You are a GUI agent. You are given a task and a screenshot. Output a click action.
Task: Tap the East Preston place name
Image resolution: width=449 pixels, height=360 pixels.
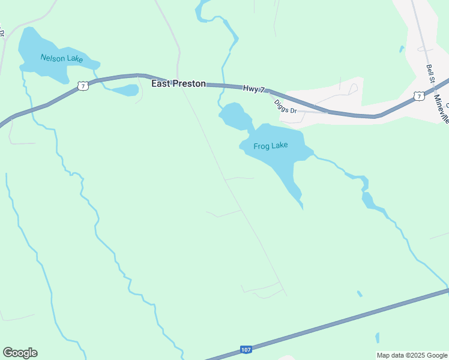(178, 84)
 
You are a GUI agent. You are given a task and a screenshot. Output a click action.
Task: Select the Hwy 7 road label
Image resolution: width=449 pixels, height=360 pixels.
(254, 89)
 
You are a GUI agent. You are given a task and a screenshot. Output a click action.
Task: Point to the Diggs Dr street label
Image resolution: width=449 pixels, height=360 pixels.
(285, 106)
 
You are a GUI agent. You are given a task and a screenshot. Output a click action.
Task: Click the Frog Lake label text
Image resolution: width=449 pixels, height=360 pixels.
(271, 145)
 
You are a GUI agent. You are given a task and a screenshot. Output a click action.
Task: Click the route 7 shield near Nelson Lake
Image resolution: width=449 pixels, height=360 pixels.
(83, 86)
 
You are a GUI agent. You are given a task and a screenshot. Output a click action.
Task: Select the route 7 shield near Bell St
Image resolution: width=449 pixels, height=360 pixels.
(418, 96)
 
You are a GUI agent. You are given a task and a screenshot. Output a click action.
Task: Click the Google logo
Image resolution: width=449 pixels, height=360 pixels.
(20, 353)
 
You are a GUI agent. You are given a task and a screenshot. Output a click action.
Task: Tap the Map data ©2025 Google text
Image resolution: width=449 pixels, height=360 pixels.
(412, 355)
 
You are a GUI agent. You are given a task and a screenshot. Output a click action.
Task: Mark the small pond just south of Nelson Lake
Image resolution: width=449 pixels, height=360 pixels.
(125, 91)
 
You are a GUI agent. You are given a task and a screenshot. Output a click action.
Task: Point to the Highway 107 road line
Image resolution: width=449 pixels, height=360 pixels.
(336, 324)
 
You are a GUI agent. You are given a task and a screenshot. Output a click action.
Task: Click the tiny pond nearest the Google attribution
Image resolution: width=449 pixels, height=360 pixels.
(377, 338)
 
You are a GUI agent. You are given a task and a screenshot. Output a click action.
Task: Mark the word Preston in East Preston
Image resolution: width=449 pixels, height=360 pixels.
(189, 84)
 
